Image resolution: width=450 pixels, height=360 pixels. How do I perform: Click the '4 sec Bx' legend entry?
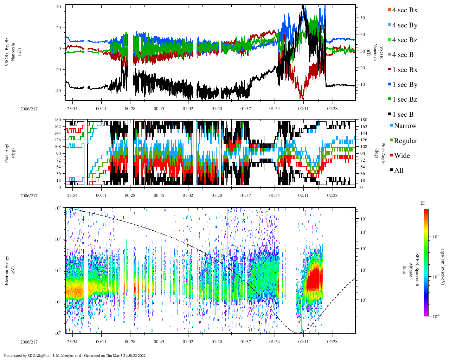point(404,10)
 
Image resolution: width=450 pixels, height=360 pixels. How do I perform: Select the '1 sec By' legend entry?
point(404,85)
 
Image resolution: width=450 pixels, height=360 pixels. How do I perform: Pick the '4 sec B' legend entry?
point(403,55)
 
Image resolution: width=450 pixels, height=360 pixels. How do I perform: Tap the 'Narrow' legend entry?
point(405,126)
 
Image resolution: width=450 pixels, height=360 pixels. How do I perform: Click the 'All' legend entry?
point(398,171)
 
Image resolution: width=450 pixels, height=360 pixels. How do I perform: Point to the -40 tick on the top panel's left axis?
point(57,90)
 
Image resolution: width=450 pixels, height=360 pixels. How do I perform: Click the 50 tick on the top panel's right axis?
point(362,18)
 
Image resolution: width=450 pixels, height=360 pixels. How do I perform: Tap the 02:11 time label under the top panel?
point(303,109)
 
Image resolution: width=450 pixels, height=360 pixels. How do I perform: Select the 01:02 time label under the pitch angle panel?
point(188,195)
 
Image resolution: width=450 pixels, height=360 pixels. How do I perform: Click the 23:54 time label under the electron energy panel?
point(72,342)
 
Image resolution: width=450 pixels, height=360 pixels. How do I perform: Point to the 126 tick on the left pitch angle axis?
point(58,140)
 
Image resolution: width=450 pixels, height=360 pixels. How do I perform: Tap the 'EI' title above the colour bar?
point(423,203)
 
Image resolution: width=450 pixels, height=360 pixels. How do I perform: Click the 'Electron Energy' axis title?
point(7,270)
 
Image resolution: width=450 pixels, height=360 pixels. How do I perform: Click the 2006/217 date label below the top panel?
point(29,109)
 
